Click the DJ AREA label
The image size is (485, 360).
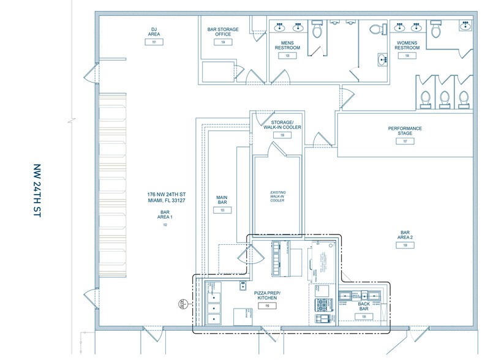[x=154, y=32]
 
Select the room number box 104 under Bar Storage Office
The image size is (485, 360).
[x=224, y=42]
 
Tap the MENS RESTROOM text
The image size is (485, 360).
[x=287, y=46]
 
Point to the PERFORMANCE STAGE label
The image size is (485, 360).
[x=405, y=131]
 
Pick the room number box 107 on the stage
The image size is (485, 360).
[x=405, y=141]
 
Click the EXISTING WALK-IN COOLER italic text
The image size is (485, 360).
[x=277, y=197]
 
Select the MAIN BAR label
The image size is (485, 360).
[x=222, y=200]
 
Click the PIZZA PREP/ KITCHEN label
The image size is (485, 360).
[x=268, y=296]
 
